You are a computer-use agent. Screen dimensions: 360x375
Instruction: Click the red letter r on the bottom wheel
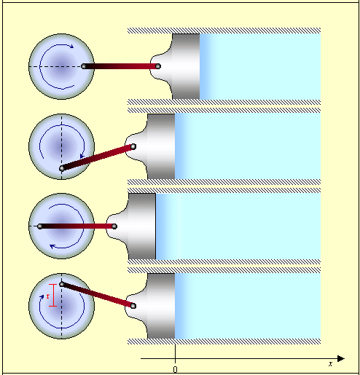tap(48, 296)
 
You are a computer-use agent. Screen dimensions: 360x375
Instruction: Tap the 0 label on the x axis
tap(175, 369)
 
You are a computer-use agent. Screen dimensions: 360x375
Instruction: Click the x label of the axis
tap(330, 364)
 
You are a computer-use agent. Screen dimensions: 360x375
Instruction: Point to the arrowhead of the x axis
tap(341, 358)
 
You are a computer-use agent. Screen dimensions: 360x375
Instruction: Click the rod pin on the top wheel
tap(84, 66)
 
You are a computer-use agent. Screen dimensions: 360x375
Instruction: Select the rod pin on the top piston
tap(158, 66)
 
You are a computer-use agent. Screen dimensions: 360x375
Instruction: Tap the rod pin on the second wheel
tap(62, 168)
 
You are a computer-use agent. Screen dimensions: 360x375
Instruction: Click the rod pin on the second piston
tap(133, 146)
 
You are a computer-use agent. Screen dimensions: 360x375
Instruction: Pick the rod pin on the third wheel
tap(40, 226)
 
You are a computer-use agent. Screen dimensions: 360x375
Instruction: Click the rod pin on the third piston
tap(114, 226)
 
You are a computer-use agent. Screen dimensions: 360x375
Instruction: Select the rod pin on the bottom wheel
tap(62, 284)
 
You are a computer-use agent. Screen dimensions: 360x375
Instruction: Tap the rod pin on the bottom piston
tap(133, 306)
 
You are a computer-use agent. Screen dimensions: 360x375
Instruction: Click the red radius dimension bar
tap(53, 295)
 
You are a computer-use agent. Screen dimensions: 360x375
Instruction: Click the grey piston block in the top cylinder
tap(186, 66)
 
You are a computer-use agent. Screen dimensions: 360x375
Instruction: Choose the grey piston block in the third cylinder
tap(142, 226)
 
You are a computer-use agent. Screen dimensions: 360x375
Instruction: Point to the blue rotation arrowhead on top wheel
tap(71, 46)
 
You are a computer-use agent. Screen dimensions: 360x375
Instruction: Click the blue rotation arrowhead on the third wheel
tap(52, 247)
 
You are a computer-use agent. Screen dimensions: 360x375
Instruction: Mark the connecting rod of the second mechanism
tap(98, 157)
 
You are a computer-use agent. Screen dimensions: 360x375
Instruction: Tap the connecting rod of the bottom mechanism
tap(98, 295)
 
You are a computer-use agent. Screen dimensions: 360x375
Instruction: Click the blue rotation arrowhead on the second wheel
tap(82, 156)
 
